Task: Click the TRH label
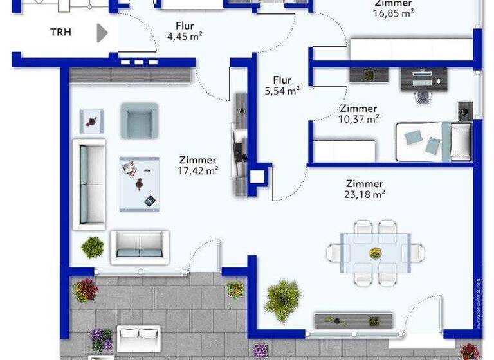[61, 32]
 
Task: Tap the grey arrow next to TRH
[102, 33]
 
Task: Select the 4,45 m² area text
[185, 37]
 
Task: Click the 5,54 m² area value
[282, 91]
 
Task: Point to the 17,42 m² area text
[198, 170]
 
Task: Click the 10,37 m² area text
[358, 118]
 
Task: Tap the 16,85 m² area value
[393, 13]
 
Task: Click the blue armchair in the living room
[139, 120]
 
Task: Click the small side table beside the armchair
[92, 121]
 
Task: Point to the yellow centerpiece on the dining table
[375, 253]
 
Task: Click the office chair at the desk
[423, 95]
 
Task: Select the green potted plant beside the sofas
[93, 246]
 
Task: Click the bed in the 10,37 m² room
[434, 141]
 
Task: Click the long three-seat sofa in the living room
[89, 184]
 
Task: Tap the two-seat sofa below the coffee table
[140, 246]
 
